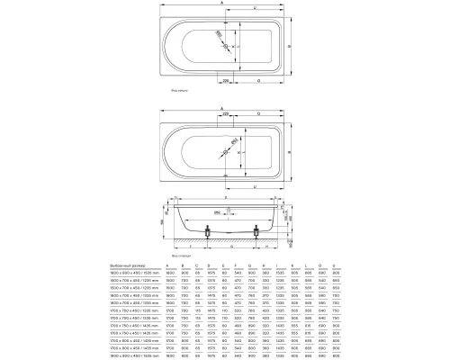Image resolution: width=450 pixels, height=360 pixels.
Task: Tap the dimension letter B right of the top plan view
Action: click(301, 43)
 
